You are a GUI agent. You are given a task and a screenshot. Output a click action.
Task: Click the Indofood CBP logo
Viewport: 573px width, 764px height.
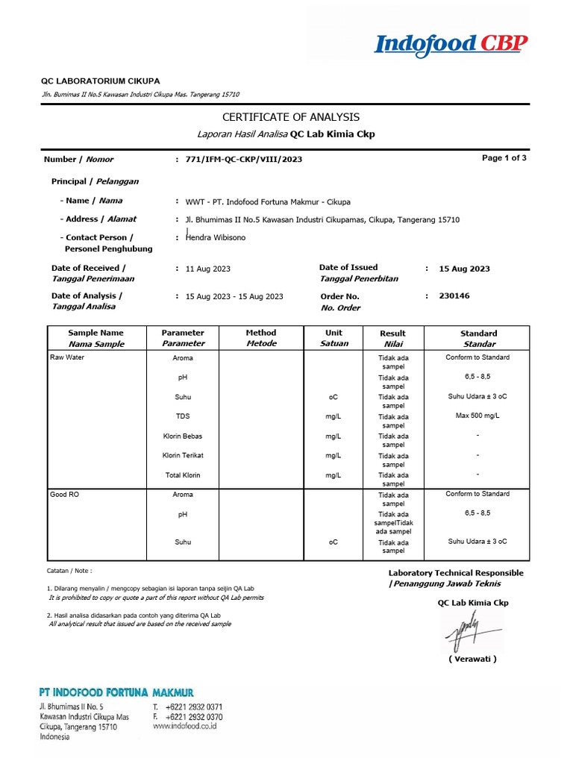pyautogui.click(x=451, y=45)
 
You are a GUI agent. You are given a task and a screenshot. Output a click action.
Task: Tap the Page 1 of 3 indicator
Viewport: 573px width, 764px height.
pyautogui.click(x=504, y=158)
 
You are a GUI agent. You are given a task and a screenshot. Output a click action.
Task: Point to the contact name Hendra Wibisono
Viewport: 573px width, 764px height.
pyautogui.click(x=216, y=237)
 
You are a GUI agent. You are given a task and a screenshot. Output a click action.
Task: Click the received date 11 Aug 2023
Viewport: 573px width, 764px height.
pyautogui.click(x=208, y=269)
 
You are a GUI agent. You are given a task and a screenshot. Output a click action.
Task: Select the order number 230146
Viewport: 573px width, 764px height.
pyautogui.click(x=454, y=296)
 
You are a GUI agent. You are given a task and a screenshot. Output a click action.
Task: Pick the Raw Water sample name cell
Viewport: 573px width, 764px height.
pyautogui.click(x=67, y=358)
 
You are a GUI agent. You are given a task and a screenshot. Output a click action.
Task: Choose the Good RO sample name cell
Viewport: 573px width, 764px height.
pyautogui.click(x=64, y=495)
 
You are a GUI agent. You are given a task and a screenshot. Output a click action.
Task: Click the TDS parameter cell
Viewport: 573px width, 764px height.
pyautogui.click(x=183, y=416)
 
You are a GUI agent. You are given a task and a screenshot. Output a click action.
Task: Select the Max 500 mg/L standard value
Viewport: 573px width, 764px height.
pyautogui.click(x=477, y=416)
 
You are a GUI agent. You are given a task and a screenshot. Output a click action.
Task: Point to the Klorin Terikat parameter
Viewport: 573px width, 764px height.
pyautogui.click(x=183, y=455)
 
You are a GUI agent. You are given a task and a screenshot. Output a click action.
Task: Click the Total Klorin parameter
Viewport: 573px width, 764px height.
pyautogui.click(x=183, y=475)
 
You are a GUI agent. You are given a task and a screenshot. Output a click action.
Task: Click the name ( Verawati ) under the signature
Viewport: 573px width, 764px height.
pyautogui.click(x=472, y=660)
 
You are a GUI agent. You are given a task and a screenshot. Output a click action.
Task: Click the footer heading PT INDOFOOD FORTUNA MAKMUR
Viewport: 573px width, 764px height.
pyautogui.click(x=116, y=693)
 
